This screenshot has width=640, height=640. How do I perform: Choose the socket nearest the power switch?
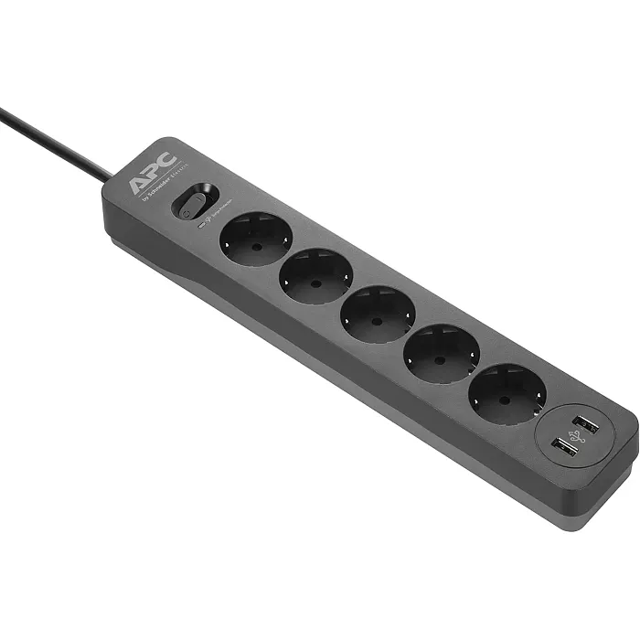(256, 239)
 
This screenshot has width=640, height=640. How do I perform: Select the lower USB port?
(565, 448)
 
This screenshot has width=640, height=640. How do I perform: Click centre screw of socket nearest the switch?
(255, 240)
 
